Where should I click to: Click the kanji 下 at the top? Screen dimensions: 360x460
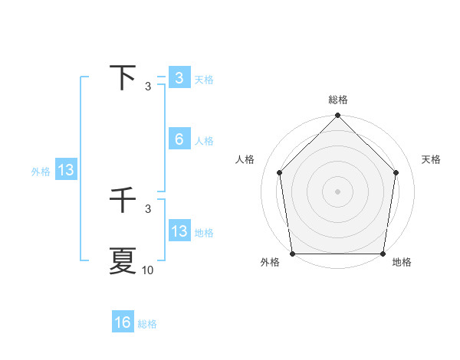coord(123,78)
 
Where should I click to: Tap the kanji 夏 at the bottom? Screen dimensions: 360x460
coord(123,260)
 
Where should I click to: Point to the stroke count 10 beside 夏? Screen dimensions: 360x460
coord(148,270)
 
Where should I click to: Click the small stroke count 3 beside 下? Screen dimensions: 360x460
coord(148,87)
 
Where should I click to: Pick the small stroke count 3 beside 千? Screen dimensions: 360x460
coord(148,208)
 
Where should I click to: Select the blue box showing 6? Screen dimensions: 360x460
coord(179,139)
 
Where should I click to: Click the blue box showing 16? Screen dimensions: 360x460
coord(123,322)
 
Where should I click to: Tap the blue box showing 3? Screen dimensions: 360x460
coord(179,78)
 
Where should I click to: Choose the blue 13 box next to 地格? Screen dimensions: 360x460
coord(179,231)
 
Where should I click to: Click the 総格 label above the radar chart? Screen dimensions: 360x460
coord(338,100)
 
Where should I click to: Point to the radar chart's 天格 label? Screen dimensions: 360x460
coord(432,159)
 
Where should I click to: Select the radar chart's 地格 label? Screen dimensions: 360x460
coord(402,263)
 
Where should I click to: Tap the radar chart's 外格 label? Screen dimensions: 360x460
coord(270,263)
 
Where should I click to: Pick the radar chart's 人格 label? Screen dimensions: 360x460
coord(245,159)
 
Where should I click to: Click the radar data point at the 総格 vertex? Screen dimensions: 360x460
coord(338,116)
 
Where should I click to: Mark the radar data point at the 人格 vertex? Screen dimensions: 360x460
coord(279,172)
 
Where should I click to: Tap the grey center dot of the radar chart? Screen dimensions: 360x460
coord(338,191)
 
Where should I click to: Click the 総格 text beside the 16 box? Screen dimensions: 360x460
coord(147,324)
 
